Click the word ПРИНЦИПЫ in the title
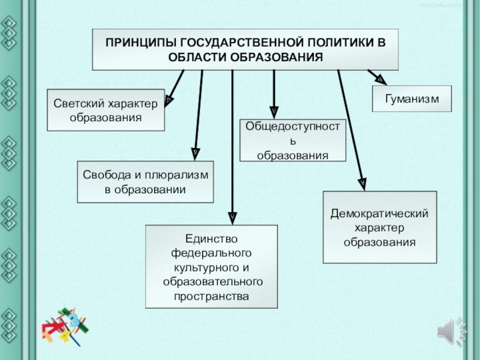(x=140, y=43)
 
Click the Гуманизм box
(x=412, y=98)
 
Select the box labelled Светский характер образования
(x=106, y=110)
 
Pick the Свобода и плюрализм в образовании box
(x=145, y=182)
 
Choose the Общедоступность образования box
(x=293, y=140)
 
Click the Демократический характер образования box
(x=380, y=227)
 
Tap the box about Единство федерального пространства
(x=212, y=266)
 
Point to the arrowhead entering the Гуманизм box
(x=382, y=81)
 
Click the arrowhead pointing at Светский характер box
(x=169, y=101)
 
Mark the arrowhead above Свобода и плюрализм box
(x=195, y=154)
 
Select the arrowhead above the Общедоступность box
(x=274, y=113)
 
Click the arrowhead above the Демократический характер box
(x=362, y=184)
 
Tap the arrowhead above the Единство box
(x=232, y=218)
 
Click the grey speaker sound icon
(x=451, y=332)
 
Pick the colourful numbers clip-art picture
(x=65, y=326)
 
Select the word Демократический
(x=379, y=214)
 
